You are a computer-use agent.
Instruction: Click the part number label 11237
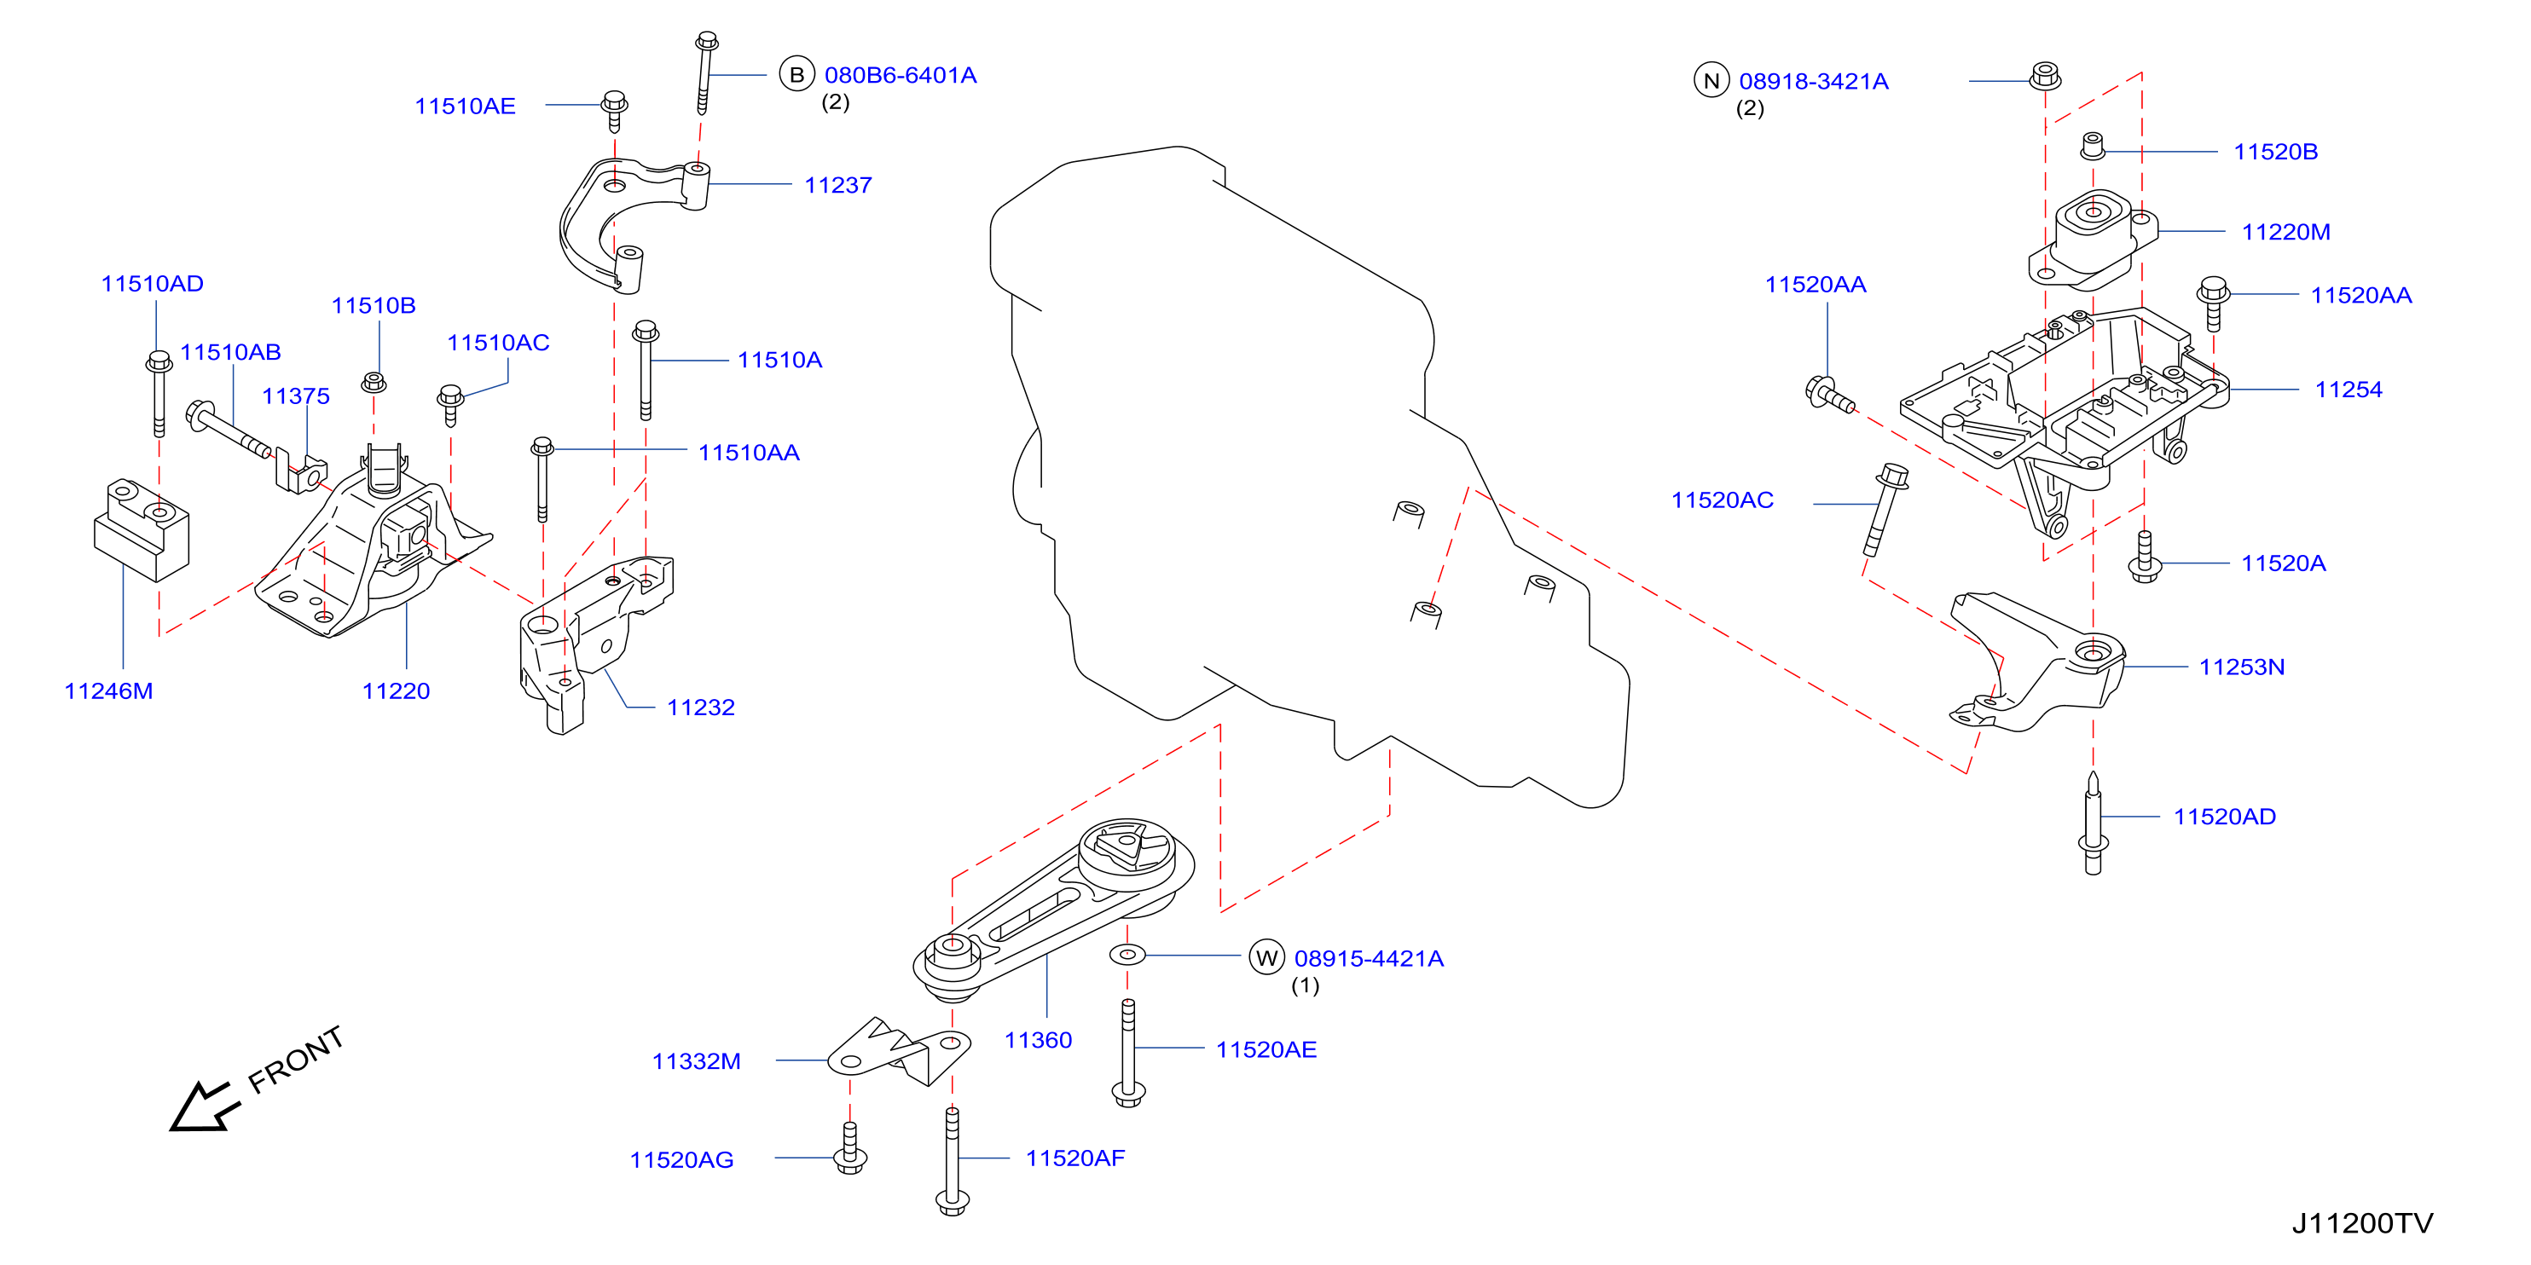point(837,185)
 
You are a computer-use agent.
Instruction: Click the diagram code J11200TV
point(2362,1222)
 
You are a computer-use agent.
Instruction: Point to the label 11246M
point(108,690)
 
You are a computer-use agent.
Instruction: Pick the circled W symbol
point(1266,956)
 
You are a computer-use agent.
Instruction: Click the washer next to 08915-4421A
point(1127,954)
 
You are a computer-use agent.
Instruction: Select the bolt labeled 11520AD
point(2093,823)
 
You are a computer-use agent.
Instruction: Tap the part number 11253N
point(2241,667)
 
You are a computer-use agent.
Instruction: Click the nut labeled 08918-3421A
point(2045,75)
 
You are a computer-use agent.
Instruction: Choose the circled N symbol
point(1711,80)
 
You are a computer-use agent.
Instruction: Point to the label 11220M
point(2285,232)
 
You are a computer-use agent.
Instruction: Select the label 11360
point(1038,1040)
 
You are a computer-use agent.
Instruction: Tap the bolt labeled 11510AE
point(614,110)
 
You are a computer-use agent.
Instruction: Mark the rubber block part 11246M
point(142,529)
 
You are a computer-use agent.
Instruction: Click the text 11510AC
point(498,343)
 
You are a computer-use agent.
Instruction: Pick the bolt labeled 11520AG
point(850,1147)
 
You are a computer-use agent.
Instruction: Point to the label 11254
point(2349,390)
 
